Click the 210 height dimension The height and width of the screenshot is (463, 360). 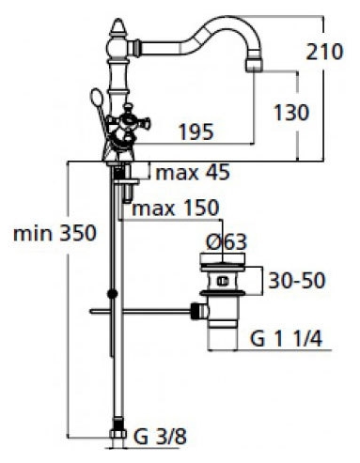click(x=324, y=52)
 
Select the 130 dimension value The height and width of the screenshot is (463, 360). click(x=291, y=113)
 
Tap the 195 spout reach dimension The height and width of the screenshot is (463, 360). click(x=196, y=131)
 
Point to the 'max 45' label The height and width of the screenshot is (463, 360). click(x=193, y=173)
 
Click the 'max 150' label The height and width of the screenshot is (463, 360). click(x=176, y=208)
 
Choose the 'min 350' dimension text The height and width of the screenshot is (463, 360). click(x=55, y=234)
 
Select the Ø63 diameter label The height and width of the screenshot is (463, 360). click(x=227, y=242)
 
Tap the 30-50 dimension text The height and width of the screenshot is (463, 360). click(x=297, y=280)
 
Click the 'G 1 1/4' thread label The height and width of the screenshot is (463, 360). click(x=286, y=338)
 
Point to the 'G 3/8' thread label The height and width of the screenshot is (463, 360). click(x=160, y=437)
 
